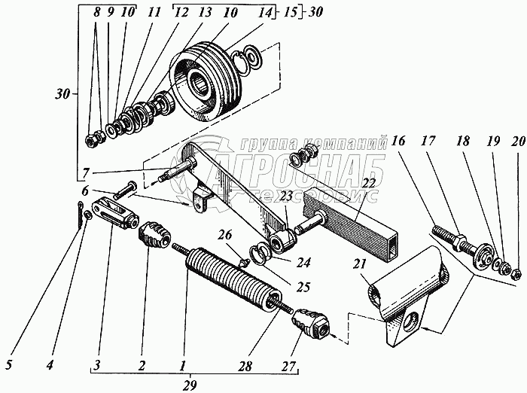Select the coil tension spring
click(x=230, y=278)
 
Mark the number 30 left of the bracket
click(x=62, y=94)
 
